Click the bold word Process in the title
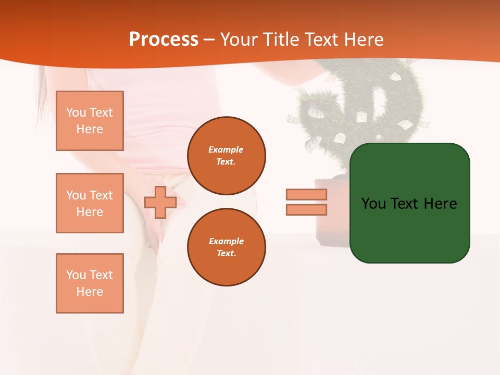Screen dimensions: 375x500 coord(164,40)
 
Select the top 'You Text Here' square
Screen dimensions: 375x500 coord(90,121)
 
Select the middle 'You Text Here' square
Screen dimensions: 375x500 coord(90,203)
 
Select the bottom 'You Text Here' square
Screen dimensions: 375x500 coord(90,283)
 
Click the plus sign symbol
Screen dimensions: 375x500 coord(160,203)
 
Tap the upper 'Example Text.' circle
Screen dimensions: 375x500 coord(227,156)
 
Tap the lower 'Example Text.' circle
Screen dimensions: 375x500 coord(227,247)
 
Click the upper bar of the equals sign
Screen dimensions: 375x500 coord(306,194)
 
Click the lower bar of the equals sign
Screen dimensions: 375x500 coord(306,210)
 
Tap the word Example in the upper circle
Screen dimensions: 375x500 coord(226,149)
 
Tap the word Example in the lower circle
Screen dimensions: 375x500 coord(226,241)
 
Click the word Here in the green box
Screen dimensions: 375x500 coord(440,204)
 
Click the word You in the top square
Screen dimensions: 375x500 coord(76,113)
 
